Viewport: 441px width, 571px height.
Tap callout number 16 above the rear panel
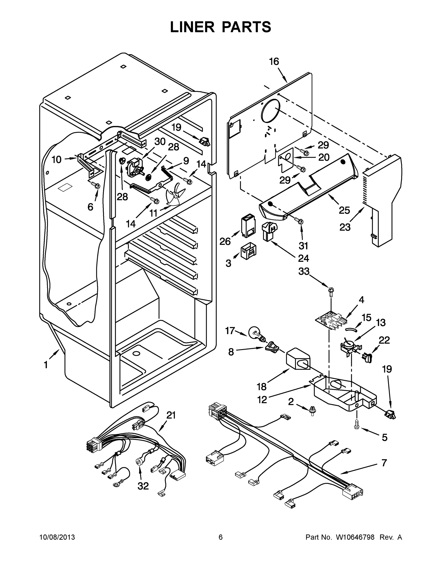[x=274, y=62]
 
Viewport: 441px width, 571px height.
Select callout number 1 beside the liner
[x=46, y=365]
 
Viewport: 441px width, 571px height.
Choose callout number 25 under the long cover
[x=344, y=210]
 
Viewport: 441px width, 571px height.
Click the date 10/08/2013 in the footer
[x=57, y=537]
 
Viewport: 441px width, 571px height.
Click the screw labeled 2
[x=311, y=410]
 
